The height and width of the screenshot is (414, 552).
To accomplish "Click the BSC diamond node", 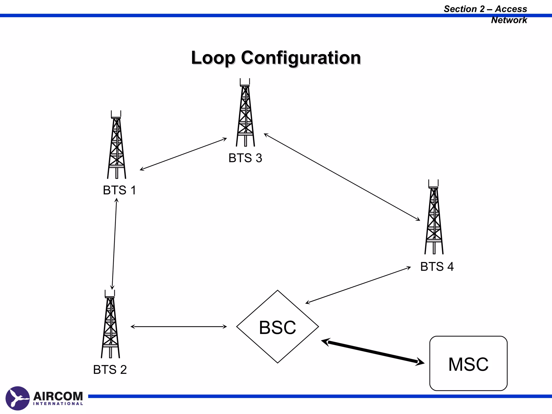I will (x=277, y=327).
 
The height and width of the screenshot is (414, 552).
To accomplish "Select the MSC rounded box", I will (x=468, y=363).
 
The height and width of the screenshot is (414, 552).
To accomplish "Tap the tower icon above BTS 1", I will (x=116, y=146).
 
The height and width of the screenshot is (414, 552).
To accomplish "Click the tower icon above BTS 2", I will (x=110, y=325).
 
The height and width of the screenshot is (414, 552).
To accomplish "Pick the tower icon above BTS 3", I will (x=245, y=113).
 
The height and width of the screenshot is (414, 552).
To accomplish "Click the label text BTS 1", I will (x=119, y=190).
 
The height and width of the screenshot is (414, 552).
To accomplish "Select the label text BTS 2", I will (x=110, y=370).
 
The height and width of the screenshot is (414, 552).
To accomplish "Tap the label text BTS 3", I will (x=245, y=158).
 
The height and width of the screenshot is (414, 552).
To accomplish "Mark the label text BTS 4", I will (x=437, y=267).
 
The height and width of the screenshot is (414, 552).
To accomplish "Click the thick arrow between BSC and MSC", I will (x=373, y=352).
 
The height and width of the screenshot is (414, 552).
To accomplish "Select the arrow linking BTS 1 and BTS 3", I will (x=183, y=154).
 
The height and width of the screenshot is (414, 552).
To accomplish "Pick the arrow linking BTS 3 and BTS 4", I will (x=342, y=177).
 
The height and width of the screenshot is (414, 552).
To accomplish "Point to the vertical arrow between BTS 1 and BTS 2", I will (x=114, y=244).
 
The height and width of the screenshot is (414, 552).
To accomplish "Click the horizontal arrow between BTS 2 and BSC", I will (x=179, y=327).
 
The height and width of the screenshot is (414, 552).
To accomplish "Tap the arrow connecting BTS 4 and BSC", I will (x=358, y=285).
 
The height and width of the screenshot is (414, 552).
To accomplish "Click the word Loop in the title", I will (x=213, y=58).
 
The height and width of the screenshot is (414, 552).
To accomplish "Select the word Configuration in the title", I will (x=301, y=58).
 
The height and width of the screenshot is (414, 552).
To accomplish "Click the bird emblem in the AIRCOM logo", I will (x=18, y=398).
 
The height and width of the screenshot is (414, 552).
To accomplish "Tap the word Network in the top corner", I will (x=509, y=20).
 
